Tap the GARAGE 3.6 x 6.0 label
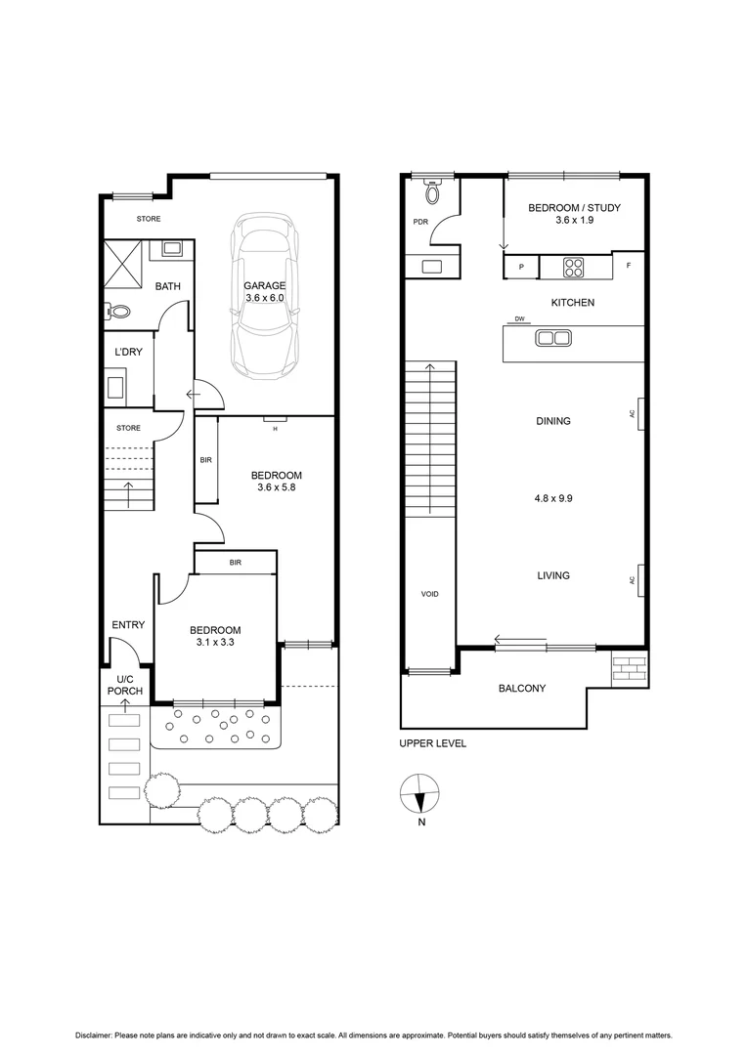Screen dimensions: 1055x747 pos(266,291)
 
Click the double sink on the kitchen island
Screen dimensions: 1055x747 pos(549,339)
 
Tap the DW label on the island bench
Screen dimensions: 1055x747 pos(518,319)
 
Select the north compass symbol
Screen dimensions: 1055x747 pos(420,794)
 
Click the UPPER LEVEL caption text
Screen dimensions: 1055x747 pos(432,743)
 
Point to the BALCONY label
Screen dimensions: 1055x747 pos(522,689)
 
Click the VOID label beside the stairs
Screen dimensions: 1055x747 pos(429,594)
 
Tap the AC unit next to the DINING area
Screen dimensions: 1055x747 pos(640,413)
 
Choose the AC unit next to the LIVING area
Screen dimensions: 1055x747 pos(640,579)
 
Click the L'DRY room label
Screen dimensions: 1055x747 pos(129,352)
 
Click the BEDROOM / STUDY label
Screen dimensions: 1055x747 pos(574,214)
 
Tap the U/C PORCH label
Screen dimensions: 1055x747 pos(128,685)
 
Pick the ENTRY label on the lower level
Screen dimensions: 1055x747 pos(128,624)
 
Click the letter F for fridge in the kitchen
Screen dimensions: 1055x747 pos(629,265)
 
